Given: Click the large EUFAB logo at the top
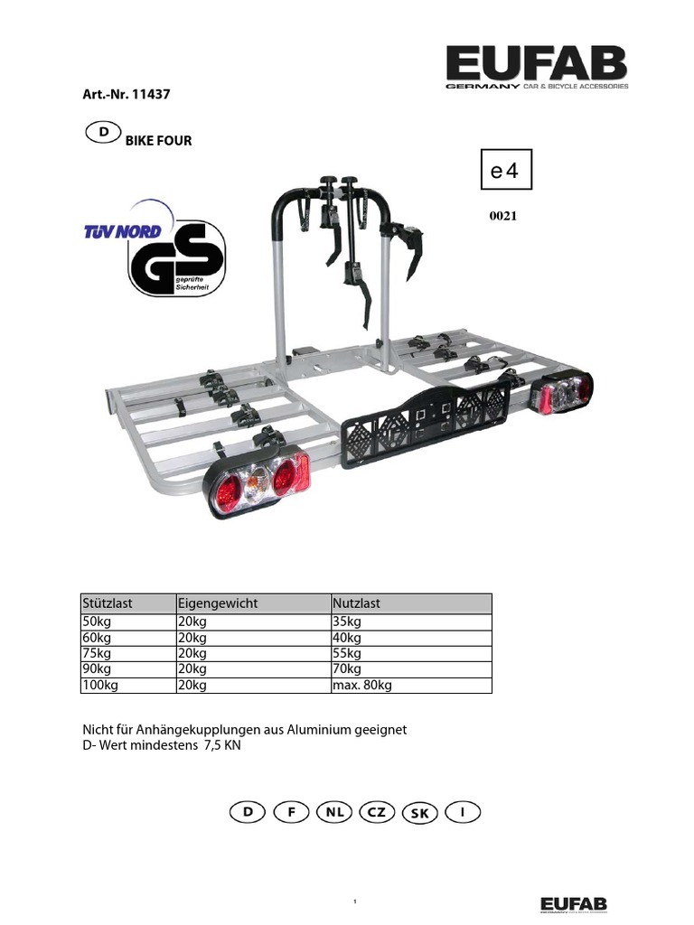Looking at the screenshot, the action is coord(537,67).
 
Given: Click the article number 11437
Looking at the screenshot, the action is coord(151,94).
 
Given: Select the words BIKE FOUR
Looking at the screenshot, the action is coord(159,140).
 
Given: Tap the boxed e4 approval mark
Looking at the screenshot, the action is coord(506,169).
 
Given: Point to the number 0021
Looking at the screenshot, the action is coord(502,216).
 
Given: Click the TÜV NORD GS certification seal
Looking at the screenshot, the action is coord(155,248).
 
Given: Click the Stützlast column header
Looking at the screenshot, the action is coord(108,603).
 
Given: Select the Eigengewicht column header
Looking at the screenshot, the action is coord(218,603).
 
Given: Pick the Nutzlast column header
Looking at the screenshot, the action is coord(356,603).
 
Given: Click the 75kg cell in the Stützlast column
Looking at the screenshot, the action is coord(97,654).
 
